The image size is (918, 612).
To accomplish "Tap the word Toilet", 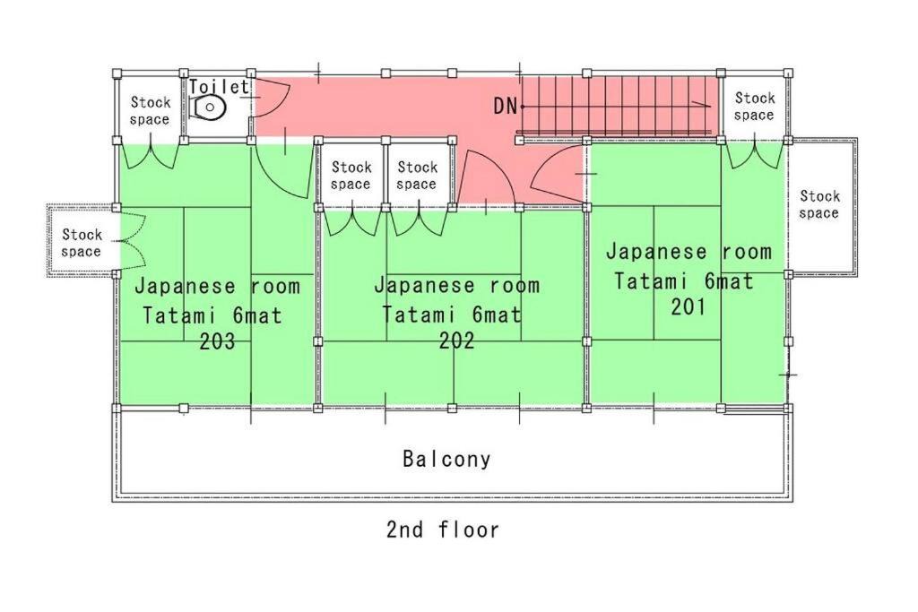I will (218, 87).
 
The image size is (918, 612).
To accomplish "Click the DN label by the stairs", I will (506, 106).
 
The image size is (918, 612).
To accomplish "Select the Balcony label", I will (446, 460).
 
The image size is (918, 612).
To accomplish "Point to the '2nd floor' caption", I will (443, 530).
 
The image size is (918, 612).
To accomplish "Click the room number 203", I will (217, 341).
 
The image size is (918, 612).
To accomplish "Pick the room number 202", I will (456, 341).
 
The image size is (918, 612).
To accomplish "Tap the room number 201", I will (688, 306).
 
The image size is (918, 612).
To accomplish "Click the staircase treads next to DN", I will (619, 106).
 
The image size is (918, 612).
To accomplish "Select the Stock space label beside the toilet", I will (150, 111).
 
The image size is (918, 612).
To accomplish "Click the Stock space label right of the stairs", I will (754, 107).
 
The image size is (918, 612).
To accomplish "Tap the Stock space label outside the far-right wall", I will (819, 204).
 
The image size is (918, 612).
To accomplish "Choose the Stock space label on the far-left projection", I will (82, 243).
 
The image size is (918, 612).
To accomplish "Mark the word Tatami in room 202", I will (416, 315).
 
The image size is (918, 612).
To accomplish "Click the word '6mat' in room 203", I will (257, 315).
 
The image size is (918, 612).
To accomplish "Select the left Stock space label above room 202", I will (351, 176).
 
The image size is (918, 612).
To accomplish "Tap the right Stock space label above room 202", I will (417, 176).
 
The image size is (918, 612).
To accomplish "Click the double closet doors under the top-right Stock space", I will (755, 155).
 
